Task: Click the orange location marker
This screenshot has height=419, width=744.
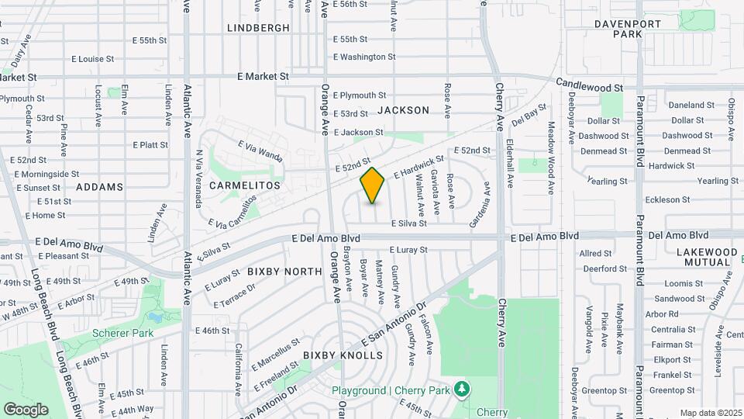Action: [x=372, y=185]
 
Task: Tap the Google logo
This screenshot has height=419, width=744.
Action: [x=26, y=409]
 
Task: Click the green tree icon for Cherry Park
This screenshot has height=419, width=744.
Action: [x=463, y=388]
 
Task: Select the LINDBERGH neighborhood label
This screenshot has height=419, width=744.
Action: [x=258, y=28]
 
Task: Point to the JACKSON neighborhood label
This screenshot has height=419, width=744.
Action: [x=403, y=110]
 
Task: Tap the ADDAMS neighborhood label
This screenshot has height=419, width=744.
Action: [x=100, y=187]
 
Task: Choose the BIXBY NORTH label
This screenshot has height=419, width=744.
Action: [x=284, y=272]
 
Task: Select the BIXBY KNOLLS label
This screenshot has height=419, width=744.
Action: [x=343, y=355]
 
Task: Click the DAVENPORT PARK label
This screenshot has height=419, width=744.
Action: [x=628, y=29]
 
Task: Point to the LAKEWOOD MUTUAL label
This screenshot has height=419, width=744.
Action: [x=707, y=257]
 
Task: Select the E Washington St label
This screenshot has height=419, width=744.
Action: [x=364, y=57]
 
